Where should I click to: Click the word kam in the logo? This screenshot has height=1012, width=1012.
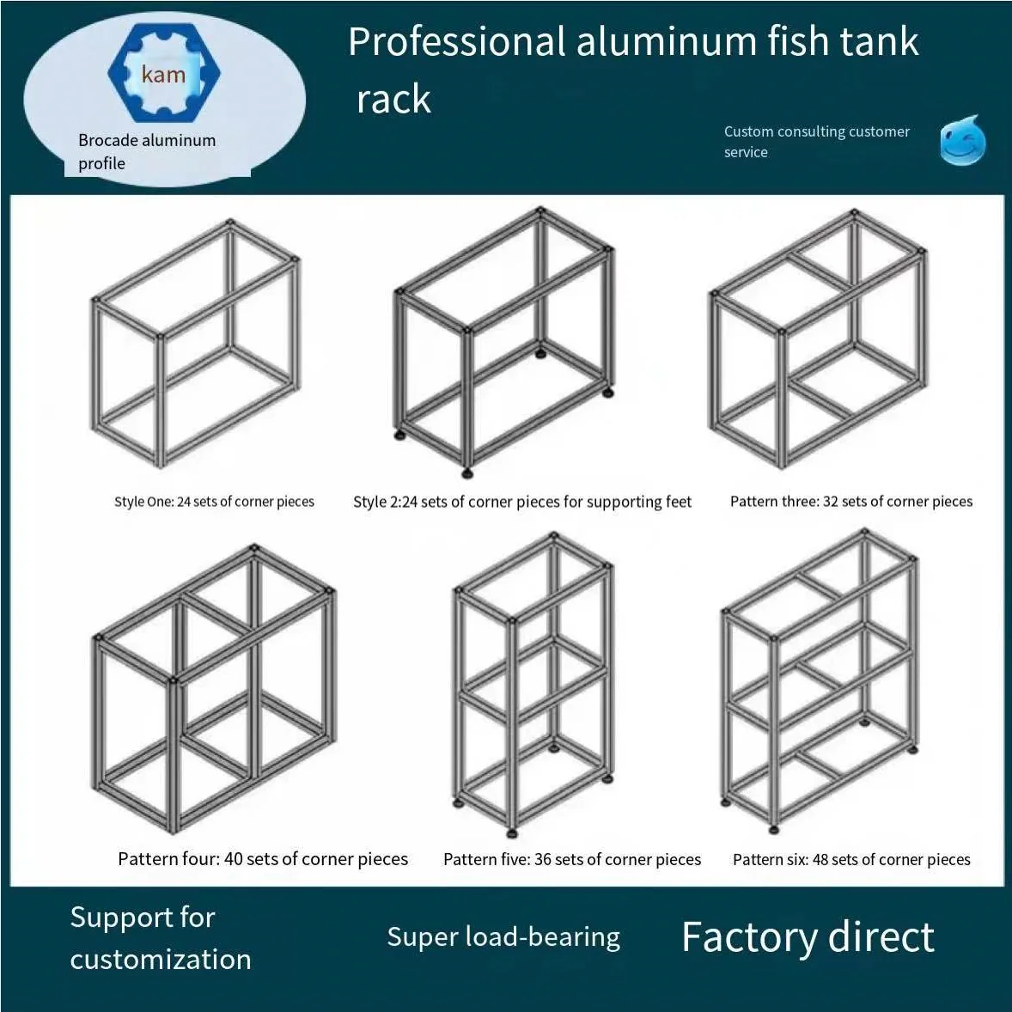coord(163,75)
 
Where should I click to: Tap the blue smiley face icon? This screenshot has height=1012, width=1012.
coord(962,141)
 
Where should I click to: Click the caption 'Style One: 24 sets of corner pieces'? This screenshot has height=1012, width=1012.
coord(214,502)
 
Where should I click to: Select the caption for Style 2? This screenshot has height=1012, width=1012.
coord(521,502)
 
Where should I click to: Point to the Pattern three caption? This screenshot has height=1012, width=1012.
coord(850,502)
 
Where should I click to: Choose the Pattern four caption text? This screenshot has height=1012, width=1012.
coord(263,859)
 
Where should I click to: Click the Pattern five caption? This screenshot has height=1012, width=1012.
coord(572,860)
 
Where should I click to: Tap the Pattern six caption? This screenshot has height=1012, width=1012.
coord(851,860)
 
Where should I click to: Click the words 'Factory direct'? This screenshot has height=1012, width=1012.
coord(808,937)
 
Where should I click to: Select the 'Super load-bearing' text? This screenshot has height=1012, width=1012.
coord(503,937)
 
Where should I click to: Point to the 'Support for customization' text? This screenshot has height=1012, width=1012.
coord(161,938)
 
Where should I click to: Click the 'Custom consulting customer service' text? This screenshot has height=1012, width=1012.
coord(816,142)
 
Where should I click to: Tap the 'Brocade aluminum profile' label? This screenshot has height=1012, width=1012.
coord(147,152)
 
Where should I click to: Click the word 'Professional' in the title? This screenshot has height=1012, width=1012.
coord(456,42)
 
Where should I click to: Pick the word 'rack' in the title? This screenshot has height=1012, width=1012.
coord(393,100)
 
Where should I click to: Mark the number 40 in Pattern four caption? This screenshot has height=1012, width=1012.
coord(233,859)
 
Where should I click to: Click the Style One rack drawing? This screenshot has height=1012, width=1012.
coord(196,344)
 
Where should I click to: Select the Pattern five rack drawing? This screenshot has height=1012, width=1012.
coord(533,683)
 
